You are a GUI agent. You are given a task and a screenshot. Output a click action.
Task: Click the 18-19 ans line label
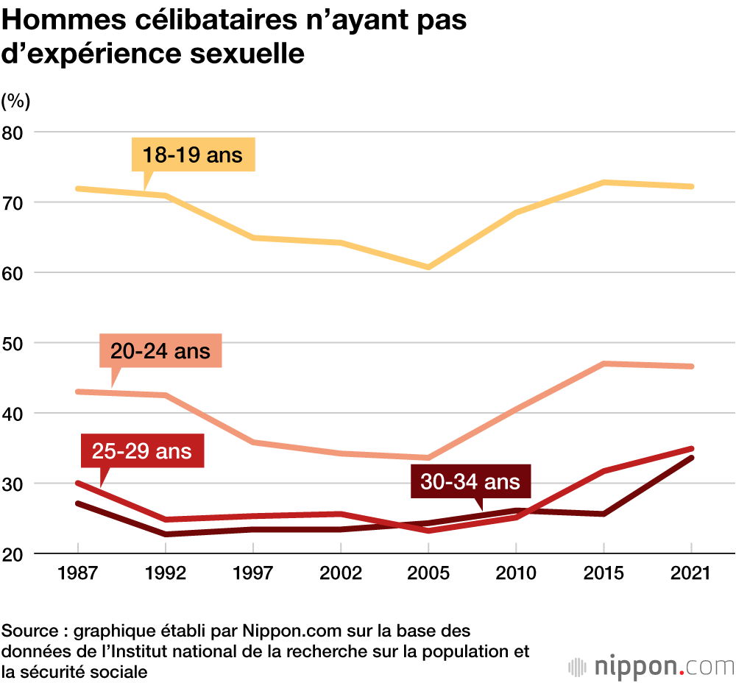tap(193, 155)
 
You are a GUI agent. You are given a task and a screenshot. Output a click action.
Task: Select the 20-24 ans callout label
tap(160, 350)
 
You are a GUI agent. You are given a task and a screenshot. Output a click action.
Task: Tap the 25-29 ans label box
tap(142, 450)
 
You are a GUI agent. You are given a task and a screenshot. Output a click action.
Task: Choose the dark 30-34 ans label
tap(470, 482)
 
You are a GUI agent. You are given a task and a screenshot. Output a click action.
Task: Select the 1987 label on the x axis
tap(77, 573)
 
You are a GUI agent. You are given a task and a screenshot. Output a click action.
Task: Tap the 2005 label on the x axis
tap(428, 573)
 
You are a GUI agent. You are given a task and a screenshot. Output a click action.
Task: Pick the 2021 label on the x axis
tap(692, 573)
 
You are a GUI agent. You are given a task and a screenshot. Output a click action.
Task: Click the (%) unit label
tap(15, 99)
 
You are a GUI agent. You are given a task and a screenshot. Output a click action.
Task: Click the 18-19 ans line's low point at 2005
tap(428, 267)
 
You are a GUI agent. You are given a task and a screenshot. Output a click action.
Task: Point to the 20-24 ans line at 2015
tap(604, 364)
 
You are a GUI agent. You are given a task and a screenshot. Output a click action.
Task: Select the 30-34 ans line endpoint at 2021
tap(692, 458)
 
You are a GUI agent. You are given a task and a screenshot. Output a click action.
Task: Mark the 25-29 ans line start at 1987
tap(77, 483)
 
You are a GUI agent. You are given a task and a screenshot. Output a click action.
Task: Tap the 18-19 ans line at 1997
tap(253, 238)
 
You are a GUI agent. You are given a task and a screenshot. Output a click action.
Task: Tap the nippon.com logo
tap(651, 666)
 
